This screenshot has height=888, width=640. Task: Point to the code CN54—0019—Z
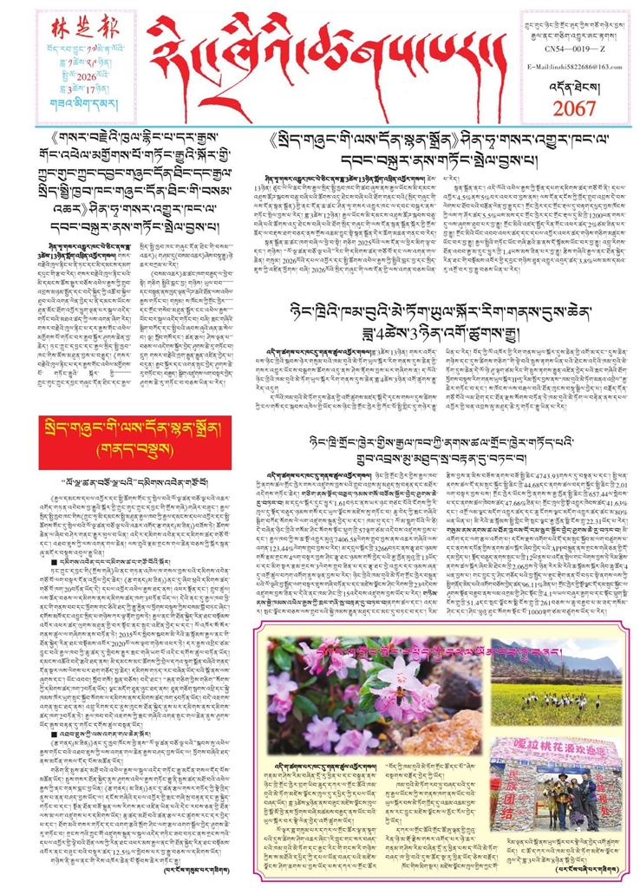572,51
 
